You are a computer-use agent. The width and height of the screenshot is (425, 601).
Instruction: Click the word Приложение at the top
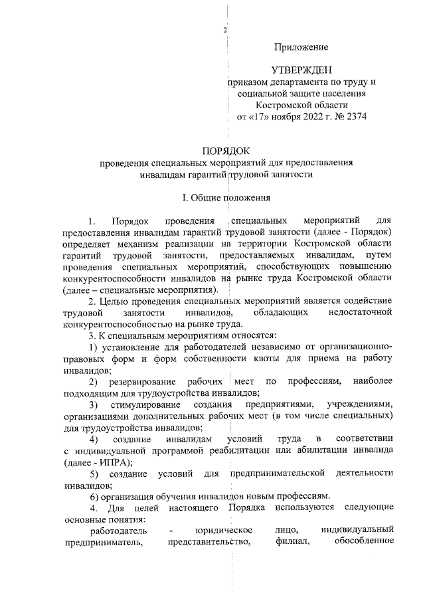[302, 46]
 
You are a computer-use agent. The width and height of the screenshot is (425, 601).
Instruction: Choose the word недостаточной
[360, 312]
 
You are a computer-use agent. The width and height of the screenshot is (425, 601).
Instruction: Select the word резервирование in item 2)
[139, 382]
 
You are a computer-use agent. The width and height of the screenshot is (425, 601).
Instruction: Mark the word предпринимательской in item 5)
[277, 473]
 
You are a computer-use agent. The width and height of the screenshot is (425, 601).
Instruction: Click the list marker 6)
[95, 497]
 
